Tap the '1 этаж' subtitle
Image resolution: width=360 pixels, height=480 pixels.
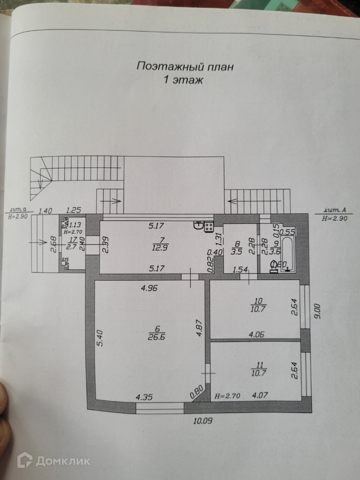[x=184, y=80]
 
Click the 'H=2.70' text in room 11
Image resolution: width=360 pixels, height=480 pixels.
[x=228, y=395]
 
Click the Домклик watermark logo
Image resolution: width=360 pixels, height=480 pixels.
[x=54, y=460]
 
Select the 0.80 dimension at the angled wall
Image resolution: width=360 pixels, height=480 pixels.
[x=197, y=392]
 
